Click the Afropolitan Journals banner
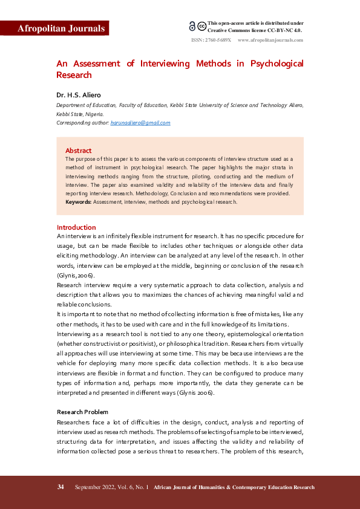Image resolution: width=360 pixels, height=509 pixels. point(61,28)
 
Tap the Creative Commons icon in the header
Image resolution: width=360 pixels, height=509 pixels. point(197,26)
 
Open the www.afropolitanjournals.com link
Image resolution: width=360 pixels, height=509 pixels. point(270,40)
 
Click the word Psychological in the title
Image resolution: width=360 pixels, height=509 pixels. point(277,63)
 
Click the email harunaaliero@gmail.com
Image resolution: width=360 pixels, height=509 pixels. point(140,123)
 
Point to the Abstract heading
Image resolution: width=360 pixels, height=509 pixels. point(78,151)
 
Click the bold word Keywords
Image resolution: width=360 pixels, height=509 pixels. point(79,202)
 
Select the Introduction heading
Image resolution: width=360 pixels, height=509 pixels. point(76,227)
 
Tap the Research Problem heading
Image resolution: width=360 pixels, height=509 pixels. point(82,412)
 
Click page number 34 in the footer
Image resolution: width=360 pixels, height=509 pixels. point(61,487)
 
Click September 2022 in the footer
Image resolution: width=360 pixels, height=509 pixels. point(94,487)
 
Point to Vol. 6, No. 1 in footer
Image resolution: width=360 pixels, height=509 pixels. point(132,487)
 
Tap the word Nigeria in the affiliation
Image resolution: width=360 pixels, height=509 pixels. point(94,114)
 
